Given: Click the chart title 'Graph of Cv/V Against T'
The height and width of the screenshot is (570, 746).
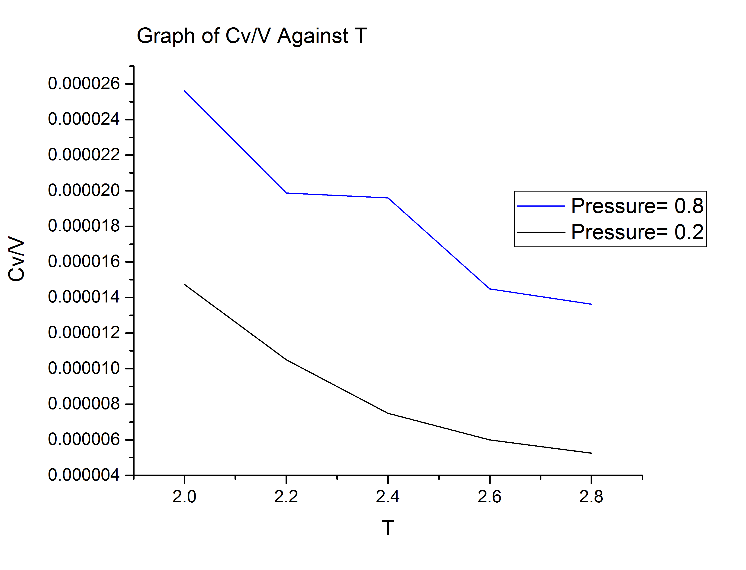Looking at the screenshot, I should click(252, 36).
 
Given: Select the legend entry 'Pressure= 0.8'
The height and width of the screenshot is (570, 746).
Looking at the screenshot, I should click(637, 206).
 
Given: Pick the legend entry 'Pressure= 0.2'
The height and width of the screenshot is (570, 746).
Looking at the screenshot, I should click(637, 232).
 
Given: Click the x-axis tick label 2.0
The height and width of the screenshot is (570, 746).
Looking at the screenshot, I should click(184, 497).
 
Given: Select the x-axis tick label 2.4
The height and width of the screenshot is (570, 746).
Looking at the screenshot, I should click(388, 497).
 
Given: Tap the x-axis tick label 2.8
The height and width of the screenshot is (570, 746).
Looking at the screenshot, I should click(591, 497).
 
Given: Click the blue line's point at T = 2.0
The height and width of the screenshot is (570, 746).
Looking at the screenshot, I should click(184, 91).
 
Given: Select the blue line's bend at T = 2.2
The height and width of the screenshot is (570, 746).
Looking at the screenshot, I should click(286, 193).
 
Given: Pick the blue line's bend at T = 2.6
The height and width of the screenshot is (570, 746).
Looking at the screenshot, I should click(489, 289).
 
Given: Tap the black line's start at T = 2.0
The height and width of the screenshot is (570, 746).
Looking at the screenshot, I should click(184, 284).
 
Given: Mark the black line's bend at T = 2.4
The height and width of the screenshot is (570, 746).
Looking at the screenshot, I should click(388, 413).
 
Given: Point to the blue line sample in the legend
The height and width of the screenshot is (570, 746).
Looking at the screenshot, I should click(541, 206).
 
